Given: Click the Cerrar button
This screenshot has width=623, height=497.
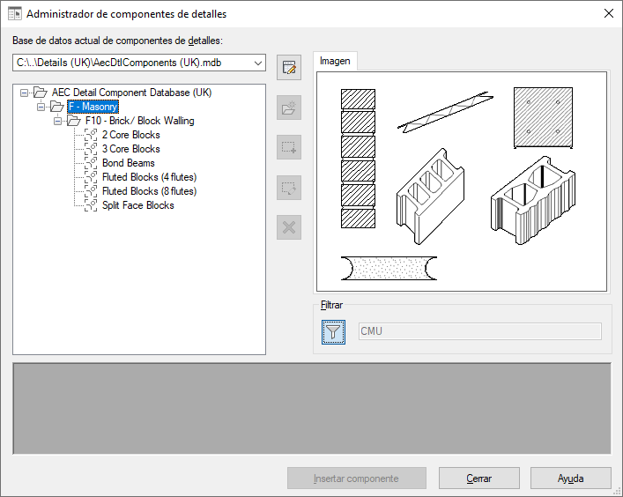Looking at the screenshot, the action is (478, 478).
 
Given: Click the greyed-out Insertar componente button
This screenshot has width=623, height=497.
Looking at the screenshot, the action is (356, 478).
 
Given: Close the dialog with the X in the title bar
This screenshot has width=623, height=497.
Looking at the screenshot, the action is (608, 13).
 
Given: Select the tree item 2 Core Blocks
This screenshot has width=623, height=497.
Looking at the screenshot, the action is (130, 135).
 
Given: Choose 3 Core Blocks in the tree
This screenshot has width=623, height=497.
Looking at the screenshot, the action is (130, 149).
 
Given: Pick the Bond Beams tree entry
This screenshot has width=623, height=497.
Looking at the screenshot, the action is (129, 163).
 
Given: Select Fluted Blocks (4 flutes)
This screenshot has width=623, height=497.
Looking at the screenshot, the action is (150, 177).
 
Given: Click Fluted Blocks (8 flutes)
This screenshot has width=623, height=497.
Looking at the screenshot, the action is (150, 191).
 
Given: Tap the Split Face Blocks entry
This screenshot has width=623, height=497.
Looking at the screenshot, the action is (137, 205).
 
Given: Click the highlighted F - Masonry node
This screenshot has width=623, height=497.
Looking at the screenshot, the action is (93, 107).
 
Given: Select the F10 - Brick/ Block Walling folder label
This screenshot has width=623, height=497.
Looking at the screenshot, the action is (139, 121).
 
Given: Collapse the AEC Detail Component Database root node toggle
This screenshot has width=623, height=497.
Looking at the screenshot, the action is (25, 93).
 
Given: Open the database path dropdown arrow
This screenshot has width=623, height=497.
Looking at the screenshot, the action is (258, 63).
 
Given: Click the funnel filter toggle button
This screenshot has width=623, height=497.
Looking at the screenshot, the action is (333, 331).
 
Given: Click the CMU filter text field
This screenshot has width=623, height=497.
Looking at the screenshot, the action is (480, 331).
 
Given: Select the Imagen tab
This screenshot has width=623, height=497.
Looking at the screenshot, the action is (335, 61).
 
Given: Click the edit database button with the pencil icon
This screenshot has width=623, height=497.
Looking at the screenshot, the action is (289, 68).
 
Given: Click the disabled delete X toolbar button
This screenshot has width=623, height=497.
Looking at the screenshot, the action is (289, 227).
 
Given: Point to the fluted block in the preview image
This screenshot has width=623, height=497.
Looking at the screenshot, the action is (533, 200).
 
